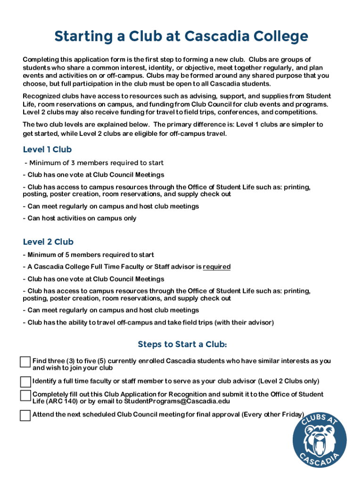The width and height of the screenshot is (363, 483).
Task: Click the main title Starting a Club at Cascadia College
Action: coord(181,36)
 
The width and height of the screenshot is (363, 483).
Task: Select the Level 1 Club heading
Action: coord(47,150)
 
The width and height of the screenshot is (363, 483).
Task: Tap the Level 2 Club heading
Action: coord(48,242)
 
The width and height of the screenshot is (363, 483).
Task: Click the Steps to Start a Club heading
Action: coord(182,345)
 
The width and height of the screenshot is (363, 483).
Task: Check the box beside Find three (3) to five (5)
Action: coord(25,362)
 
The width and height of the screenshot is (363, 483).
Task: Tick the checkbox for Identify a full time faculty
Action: coord(25,382)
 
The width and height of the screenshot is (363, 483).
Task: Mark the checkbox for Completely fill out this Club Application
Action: coord(25,395)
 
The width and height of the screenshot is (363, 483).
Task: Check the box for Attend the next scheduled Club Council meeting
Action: coord(25,416)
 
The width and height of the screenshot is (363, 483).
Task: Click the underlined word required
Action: coord(216,267)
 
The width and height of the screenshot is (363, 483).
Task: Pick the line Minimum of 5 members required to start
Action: coord(88,255)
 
